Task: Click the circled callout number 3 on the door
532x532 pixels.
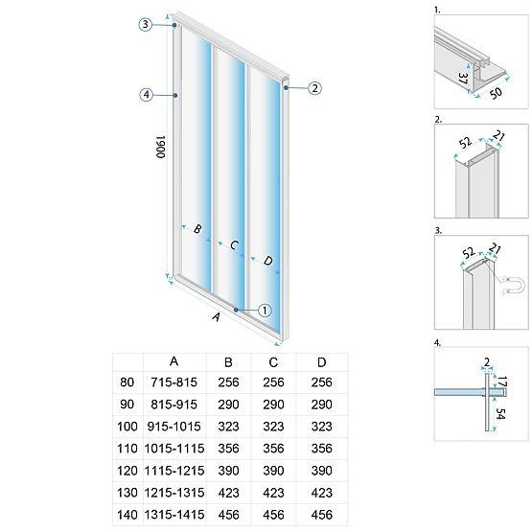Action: [x=145, y=25]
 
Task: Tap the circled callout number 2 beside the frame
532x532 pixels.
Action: [x=315, y=88]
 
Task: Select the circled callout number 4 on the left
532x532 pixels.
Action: [x=145, y=94]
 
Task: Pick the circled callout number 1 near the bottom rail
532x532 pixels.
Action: [x=266, y=310]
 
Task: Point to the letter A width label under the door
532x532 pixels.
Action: [x=216, y=315]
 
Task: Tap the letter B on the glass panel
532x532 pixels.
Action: [x=197, y=229]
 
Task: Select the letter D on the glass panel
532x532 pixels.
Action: [x=266, y=261]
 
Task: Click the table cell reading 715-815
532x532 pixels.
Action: [x=173, y=382]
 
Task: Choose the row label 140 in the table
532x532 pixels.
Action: [x=127, y=513]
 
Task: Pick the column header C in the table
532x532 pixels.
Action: [x=273, y=361]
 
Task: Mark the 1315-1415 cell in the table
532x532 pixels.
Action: [x=173, y=513]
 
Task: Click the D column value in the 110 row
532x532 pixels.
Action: [x=322, y=448]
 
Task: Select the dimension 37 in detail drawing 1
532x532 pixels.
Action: [x=464, y=78]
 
